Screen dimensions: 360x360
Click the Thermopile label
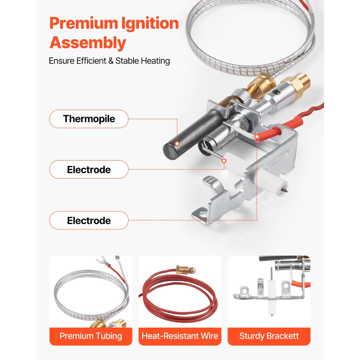pos(89,119)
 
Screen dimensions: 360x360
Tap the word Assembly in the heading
pos(88,43)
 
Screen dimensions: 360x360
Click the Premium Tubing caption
pos(91,336)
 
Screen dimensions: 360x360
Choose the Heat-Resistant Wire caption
pos(180,336)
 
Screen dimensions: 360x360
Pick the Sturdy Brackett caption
pos(269,336)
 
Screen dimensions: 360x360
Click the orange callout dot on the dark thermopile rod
pos(177,144)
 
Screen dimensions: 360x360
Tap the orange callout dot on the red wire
pos(257,136)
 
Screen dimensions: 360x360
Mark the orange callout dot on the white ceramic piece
pos(224,161)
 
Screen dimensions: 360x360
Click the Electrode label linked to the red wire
pos(89,220)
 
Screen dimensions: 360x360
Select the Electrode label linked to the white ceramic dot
pos(89,170)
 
